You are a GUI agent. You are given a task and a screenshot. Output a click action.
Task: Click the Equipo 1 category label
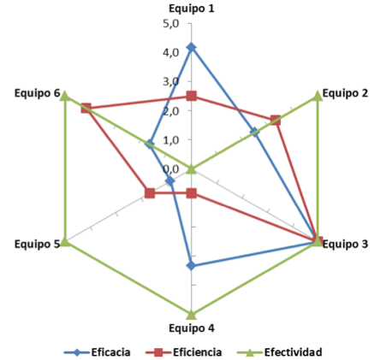(x=192, y=9)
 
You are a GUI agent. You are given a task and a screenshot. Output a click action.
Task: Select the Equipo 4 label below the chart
(x=192, y=328)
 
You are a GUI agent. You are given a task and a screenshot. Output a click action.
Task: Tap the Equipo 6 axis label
(x=38, y=93)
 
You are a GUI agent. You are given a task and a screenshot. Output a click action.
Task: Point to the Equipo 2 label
(x=345, y=93)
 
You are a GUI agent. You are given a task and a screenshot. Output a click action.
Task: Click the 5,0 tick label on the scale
(x=171, y=24)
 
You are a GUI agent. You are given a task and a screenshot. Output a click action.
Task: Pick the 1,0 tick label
(x=171, y=140)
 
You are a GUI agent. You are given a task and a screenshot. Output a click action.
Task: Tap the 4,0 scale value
(x=171, y=53)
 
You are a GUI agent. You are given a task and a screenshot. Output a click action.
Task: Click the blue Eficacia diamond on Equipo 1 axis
(x=192, y=47)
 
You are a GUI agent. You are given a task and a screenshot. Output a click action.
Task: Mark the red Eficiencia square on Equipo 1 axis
(x=192, y=97)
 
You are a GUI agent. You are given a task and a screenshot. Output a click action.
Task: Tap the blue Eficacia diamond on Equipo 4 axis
(x=192, y=266)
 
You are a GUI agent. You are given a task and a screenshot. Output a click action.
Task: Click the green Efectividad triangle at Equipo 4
(x=192, y=315)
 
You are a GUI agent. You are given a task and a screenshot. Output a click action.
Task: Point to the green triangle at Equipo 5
(x=65, y=242)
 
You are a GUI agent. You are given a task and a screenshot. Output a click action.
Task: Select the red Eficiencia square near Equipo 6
(x=86, y=109)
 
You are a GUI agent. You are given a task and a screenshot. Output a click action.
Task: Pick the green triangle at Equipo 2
(x=318, y=96)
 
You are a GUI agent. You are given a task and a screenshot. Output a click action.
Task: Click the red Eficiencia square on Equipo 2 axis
(x=276, y=121)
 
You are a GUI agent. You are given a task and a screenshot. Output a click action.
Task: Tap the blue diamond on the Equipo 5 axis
(x=170, y=181)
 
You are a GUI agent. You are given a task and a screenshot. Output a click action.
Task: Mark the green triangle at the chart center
(x=192, y=169)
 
